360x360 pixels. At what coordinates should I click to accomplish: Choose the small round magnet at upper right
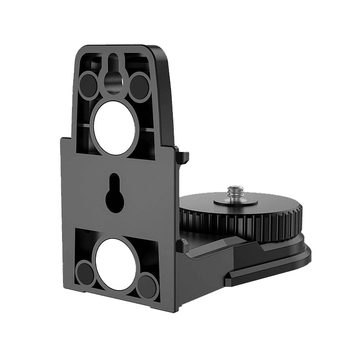point(140,82)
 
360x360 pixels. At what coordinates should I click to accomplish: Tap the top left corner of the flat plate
point(61,140)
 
